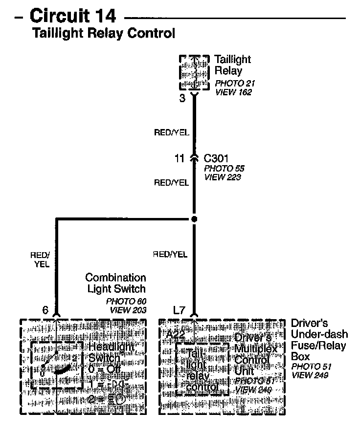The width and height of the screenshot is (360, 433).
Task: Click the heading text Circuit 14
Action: (x=73, y=16)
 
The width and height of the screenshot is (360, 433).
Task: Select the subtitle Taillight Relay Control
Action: (x=103, y=33)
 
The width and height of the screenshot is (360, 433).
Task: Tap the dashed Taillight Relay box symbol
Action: (x=195, y=72)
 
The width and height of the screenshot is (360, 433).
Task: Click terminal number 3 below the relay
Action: (x=182, y=98)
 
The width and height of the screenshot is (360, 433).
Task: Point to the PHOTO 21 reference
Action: (x=235, y=84)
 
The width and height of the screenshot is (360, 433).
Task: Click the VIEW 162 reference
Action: (x=233, y=92)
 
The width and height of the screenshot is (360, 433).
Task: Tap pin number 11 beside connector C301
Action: (x=180, y=158)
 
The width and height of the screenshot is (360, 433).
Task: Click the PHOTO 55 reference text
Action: (x=224, y=168)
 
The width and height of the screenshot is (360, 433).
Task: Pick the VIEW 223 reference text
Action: (x=223, y=177)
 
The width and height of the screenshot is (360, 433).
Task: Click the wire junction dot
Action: (x=194, y=219)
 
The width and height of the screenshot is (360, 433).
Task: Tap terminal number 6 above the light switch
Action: (x=45, y=310)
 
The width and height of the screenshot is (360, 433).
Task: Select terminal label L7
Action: (x=180, y=310)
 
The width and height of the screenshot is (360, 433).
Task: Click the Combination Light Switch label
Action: (x=116, y=283)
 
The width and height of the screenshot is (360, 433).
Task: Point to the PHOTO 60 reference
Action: (x=126, y=301)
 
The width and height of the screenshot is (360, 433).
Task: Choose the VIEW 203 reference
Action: (x=127, y=310)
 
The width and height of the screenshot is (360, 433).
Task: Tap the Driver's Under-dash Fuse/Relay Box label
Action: (x=319, y=340)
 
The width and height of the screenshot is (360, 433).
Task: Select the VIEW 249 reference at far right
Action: (x=309, y=375)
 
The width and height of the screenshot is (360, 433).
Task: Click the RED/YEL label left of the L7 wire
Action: (x=170, y=254)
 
